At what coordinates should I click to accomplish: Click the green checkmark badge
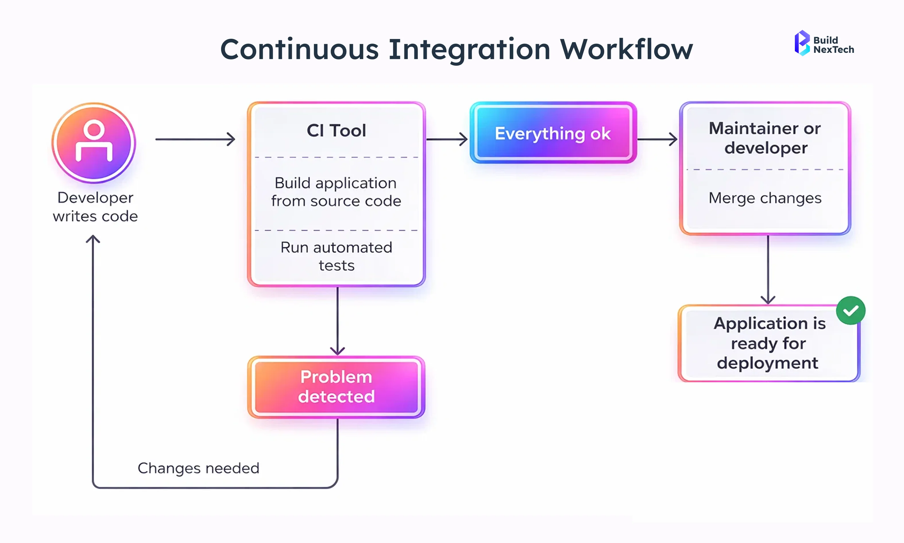coord(850,310)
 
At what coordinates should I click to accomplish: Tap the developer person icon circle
coord(94,143)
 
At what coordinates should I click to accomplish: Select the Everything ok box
coord(553,133)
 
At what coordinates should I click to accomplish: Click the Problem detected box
coord(336,387)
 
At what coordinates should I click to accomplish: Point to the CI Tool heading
coord(336,131)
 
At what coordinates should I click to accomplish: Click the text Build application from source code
coord(336,192)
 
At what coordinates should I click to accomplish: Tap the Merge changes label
coord(765,198)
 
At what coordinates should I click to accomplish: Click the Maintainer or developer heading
coord(765,138)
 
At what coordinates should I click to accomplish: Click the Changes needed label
coord(198,468)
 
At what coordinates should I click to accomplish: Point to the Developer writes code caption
coord(95,207)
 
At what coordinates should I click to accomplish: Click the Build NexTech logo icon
coord(802,43)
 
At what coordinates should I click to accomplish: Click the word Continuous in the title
coord(300,49)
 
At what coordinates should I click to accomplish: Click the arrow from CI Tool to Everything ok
coord(447,139)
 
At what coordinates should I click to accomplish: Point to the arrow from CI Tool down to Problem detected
coord(337,320)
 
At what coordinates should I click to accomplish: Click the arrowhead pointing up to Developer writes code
coord(93,239)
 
